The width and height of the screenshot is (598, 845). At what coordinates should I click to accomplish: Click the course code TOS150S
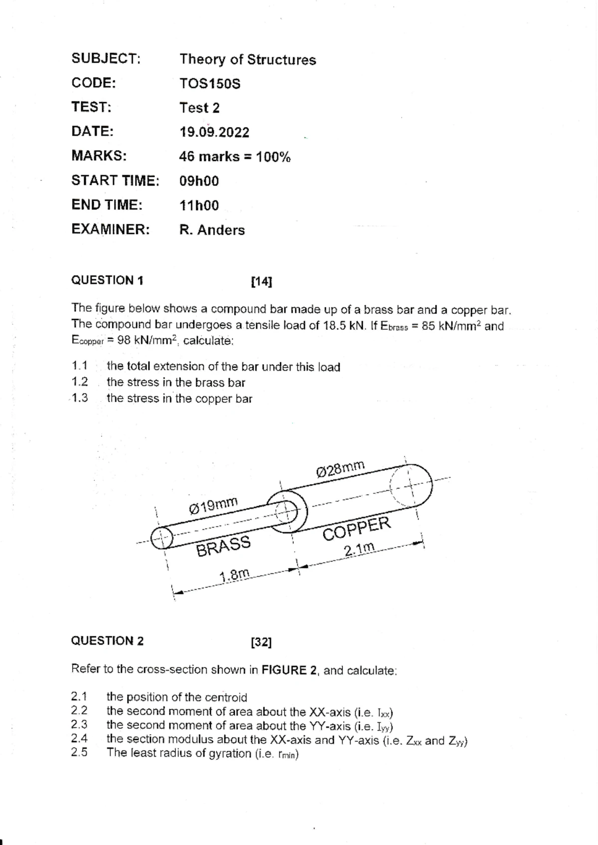click(x=210, y=84)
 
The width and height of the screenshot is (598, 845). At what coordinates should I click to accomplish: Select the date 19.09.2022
click(x=214, y=133)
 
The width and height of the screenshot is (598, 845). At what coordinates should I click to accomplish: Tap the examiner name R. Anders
click(x=212, y=230)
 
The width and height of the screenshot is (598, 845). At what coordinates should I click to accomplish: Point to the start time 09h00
click(x=199, y=181)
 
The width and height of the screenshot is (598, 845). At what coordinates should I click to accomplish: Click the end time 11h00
click(x=199, y=206)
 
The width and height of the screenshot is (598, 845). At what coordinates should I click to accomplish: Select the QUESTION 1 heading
click(x=107, y=281)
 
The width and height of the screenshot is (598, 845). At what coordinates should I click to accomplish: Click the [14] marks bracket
click(x=262, y=282)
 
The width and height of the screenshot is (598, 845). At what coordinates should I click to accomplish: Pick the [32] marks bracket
click(x=262, y=642)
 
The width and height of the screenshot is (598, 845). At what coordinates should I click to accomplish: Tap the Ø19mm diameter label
click(x=213, y=505)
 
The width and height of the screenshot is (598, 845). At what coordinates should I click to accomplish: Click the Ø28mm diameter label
click(x=340, y=469)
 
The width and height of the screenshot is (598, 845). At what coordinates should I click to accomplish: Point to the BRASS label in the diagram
click(x=223, y=547)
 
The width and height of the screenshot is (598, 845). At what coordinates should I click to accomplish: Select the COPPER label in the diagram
click(x=356, y=528)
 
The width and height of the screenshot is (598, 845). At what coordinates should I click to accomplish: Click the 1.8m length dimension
click(x=234, y=575)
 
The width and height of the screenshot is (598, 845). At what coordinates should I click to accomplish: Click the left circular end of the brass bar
click(x=161, y=538)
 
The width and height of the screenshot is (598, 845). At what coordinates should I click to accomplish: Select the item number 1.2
click(x=80, y=383)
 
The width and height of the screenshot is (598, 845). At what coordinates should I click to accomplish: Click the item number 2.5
click(x=79, y=752)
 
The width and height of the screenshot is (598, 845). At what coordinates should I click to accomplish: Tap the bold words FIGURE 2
click(x=289, y=670)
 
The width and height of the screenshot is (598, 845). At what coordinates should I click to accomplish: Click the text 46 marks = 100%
click(x=235, y=157)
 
